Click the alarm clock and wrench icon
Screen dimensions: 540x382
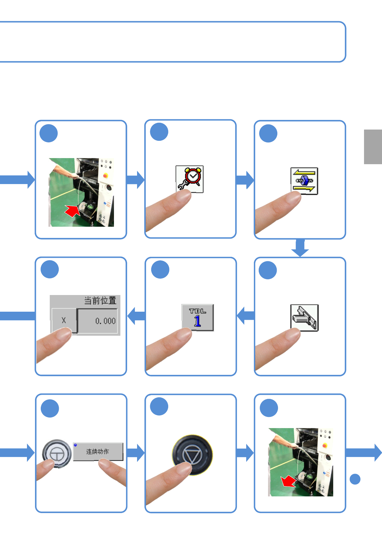coord(189,179)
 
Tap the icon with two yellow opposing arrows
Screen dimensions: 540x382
coord(304,181)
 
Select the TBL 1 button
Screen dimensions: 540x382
coord(197,317)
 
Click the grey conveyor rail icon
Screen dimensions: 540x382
coord(304,317)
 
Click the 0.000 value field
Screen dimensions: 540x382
coord(98,321)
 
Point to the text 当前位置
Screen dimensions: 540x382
coord(100,300)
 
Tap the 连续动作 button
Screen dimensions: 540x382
coord(98,451)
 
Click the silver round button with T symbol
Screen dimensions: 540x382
coord(57,453)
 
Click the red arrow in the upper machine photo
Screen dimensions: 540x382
coord(73,211)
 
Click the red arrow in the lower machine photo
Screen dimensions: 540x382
coord(288,481)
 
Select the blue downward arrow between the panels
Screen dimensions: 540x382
coord(300,248)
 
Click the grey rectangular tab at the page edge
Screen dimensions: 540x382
coord(373,147)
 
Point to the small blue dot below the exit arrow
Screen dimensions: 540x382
coord(355,479)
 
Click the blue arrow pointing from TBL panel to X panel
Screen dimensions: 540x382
coord(136,316)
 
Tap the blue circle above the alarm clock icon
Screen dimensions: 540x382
coord(159,132)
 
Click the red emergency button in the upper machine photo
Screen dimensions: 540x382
coord(105,175)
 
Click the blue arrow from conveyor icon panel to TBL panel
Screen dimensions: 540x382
coord(246,316)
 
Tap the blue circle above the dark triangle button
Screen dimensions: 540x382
coord(159,406)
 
